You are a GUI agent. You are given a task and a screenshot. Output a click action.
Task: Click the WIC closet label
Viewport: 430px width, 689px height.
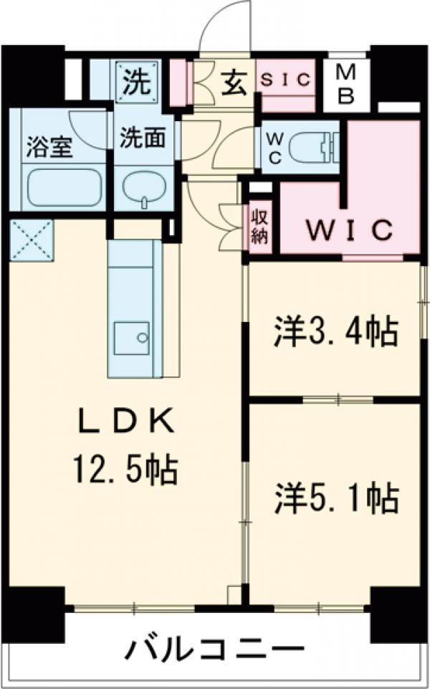pyautogui.click(x=350, y=230)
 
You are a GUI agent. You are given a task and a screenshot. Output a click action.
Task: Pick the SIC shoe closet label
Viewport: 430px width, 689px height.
pyautogui.click(x=285, y=80)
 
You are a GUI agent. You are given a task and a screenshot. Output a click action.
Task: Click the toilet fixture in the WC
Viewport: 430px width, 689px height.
pyautogui.click(x=316, y=148)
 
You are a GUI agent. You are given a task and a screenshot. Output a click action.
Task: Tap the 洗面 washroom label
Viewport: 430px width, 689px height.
pyautogui.click(x=140, y=137)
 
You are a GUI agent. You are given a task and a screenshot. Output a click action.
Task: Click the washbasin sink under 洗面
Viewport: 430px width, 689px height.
pyautogui.click(x=143, y=190)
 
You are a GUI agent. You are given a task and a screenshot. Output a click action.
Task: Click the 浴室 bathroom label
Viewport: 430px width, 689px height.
pyautogui.click(x=42, y=150)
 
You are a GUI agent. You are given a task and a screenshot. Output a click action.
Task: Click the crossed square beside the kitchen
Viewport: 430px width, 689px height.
pyautogui.click(x=32, y=240)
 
